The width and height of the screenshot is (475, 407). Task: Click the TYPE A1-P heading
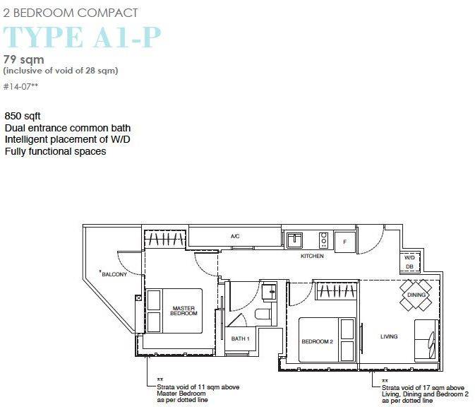(82, 37)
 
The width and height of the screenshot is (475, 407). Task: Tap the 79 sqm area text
(23, 60)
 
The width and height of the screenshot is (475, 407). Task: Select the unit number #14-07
(20, 87)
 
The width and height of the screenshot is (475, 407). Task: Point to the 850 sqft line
(23, 116)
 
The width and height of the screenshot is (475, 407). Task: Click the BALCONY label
(114, 274)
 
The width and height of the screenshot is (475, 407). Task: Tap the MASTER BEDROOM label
(184, 311)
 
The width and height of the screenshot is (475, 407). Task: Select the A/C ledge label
(235, 236)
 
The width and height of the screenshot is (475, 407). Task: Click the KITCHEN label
(312, 256)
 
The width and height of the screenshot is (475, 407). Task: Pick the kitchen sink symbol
(294, 239)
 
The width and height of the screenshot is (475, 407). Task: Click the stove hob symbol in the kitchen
(323, 239)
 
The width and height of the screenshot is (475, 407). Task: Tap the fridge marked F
(344, 242)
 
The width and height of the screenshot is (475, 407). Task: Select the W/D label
(409, 258)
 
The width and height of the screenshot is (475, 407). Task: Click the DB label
(409, 266)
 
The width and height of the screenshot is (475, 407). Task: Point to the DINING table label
(416, 295)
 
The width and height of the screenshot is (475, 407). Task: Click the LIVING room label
(389, 336)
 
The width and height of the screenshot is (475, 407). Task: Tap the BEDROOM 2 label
(317, 341)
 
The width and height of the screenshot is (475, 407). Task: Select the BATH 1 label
(240, 338)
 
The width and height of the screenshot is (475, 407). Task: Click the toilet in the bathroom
(263, 314)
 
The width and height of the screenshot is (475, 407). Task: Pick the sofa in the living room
(426, 341)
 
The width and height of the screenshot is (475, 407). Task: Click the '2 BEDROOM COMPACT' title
(71, 13)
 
